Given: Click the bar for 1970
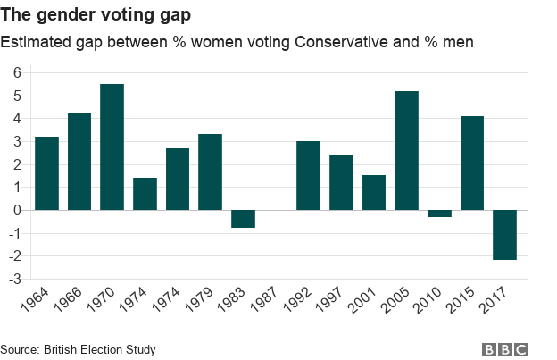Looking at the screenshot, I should (112, 147).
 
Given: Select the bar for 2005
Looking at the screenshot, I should (406, 150).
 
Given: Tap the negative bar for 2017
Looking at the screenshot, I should (504, 235).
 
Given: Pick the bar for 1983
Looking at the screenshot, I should (243, 219).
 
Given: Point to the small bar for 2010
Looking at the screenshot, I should (439, 213).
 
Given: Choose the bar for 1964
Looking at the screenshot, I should (46, 173).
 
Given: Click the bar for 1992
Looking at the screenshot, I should (308, 175).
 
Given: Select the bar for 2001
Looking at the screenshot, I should (374, 192).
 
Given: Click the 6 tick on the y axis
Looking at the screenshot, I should (16, 72).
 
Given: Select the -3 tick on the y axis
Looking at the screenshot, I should (13, 280).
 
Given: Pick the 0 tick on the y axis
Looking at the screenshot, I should (16, 211).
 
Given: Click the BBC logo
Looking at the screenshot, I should (505, 349).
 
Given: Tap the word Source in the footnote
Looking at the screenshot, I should (20, 349).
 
